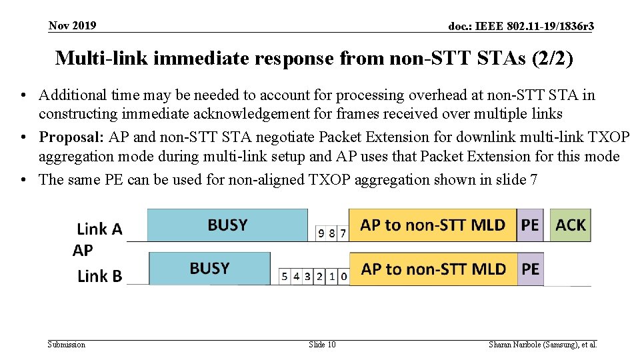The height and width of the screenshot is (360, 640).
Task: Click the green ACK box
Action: point(570,225)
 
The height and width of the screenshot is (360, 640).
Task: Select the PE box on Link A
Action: point(530,225)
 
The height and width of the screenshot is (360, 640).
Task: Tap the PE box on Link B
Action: point(531,269)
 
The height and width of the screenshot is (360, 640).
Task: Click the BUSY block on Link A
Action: point(227,225)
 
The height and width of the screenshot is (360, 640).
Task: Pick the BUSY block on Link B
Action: point(209,269)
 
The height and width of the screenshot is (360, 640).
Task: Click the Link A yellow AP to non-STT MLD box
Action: point(433,225)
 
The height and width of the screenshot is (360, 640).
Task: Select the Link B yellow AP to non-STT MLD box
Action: point(433,269)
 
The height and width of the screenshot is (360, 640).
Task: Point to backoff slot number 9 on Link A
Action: point(322,233)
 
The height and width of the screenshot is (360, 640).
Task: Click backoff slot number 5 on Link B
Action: point(285,276)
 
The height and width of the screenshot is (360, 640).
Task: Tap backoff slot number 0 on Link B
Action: point(343,276)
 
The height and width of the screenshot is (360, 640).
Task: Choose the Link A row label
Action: point(100,229)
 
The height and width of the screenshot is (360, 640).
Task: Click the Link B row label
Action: point(100,276)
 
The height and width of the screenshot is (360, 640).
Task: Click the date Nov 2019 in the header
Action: point(72,25)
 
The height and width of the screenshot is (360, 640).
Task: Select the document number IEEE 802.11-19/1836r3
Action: point(521,26)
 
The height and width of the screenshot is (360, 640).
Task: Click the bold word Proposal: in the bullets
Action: point(69,137)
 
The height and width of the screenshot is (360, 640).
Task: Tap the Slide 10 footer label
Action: point(322,345)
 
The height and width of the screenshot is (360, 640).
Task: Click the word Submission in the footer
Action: point(67,345)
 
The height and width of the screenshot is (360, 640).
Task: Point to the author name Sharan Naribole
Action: point(517,345)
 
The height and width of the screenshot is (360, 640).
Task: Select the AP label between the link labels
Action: point(83,251)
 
